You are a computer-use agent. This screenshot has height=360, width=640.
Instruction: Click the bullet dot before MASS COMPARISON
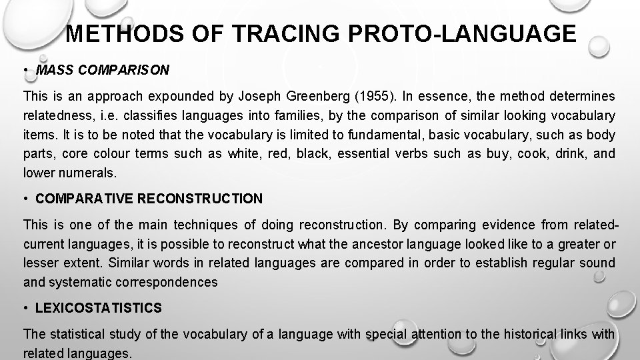pyautogui.click(x=25, y=69)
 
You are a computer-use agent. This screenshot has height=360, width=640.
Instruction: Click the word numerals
pyautogui.click(x=87, y=173)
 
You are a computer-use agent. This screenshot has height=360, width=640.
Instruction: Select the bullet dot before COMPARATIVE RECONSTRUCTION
pyautogui.click(x=25, y=199)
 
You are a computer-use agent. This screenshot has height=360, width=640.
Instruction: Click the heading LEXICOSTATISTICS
pyautogui.click(x=99, y=308)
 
